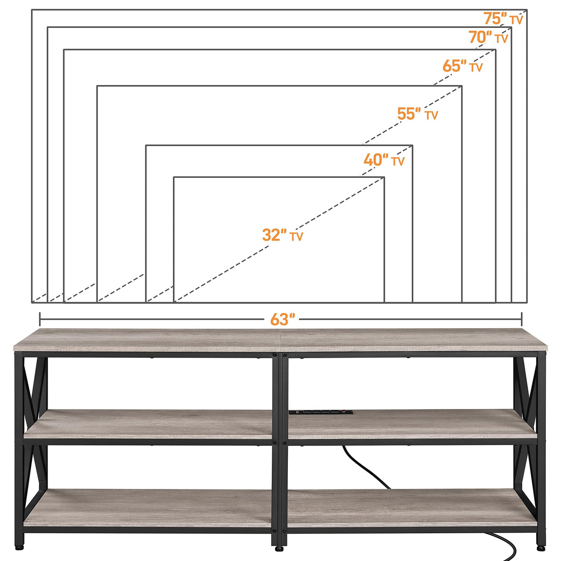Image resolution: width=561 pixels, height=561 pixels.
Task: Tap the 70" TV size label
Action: pos(488,37)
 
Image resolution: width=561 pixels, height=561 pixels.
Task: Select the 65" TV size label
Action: pos(462,66)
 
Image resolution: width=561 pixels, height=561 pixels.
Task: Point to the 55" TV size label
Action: pos(417,114)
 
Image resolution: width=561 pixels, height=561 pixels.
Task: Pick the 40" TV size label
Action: pos(384,160)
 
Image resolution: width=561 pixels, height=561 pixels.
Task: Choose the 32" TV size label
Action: pos(282,235)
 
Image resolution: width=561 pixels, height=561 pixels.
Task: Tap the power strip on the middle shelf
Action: pos(321,412)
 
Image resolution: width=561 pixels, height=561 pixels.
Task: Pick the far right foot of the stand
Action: pos(541,547)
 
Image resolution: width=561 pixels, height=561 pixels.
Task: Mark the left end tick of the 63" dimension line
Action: pos(40,319)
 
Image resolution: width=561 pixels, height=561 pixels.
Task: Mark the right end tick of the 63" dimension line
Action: pos(522,319)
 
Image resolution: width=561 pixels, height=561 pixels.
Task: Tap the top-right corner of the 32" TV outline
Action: pos(384,177)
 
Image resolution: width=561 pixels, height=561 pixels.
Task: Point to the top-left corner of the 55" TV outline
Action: pos(97,86)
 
